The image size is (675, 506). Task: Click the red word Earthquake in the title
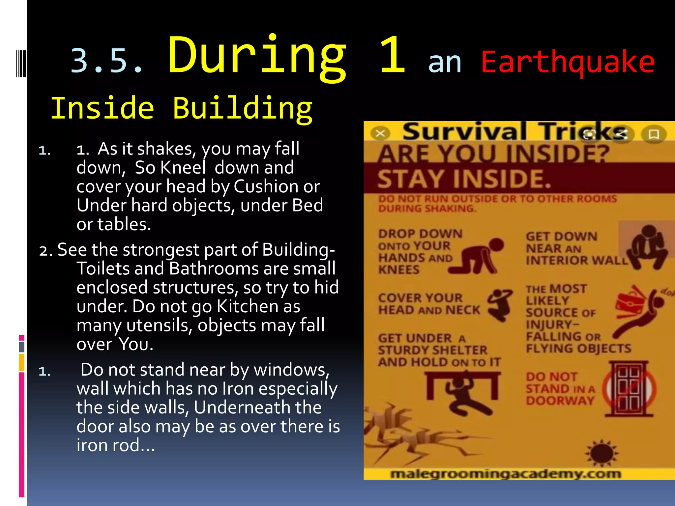click(568, 63)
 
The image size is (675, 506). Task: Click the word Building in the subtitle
click(242, 109)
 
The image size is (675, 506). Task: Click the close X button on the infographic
click(380, 134)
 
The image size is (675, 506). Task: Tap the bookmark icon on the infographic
click(654, 134)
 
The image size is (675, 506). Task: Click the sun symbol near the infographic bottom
click(602, 454)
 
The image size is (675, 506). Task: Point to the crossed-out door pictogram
click(629, 389)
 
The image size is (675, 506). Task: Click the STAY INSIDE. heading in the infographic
click(464, 179)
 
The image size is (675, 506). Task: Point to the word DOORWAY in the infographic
click(560, 401)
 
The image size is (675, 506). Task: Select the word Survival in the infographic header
click(464, 132)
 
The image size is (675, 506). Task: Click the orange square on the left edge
click(22, 362)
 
